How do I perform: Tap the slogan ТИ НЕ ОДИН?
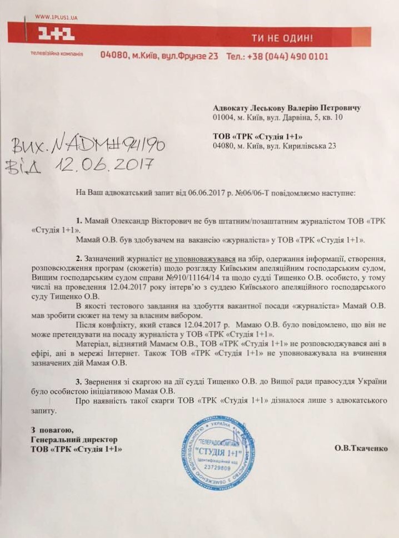[x=282, y=38]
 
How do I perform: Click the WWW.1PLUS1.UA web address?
[x=56, y=18]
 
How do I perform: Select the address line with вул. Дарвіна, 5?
[x=285, y=118]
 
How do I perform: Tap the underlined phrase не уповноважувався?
[x=200, y=259]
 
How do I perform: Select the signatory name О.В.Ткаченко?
[x=361, y=448]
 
